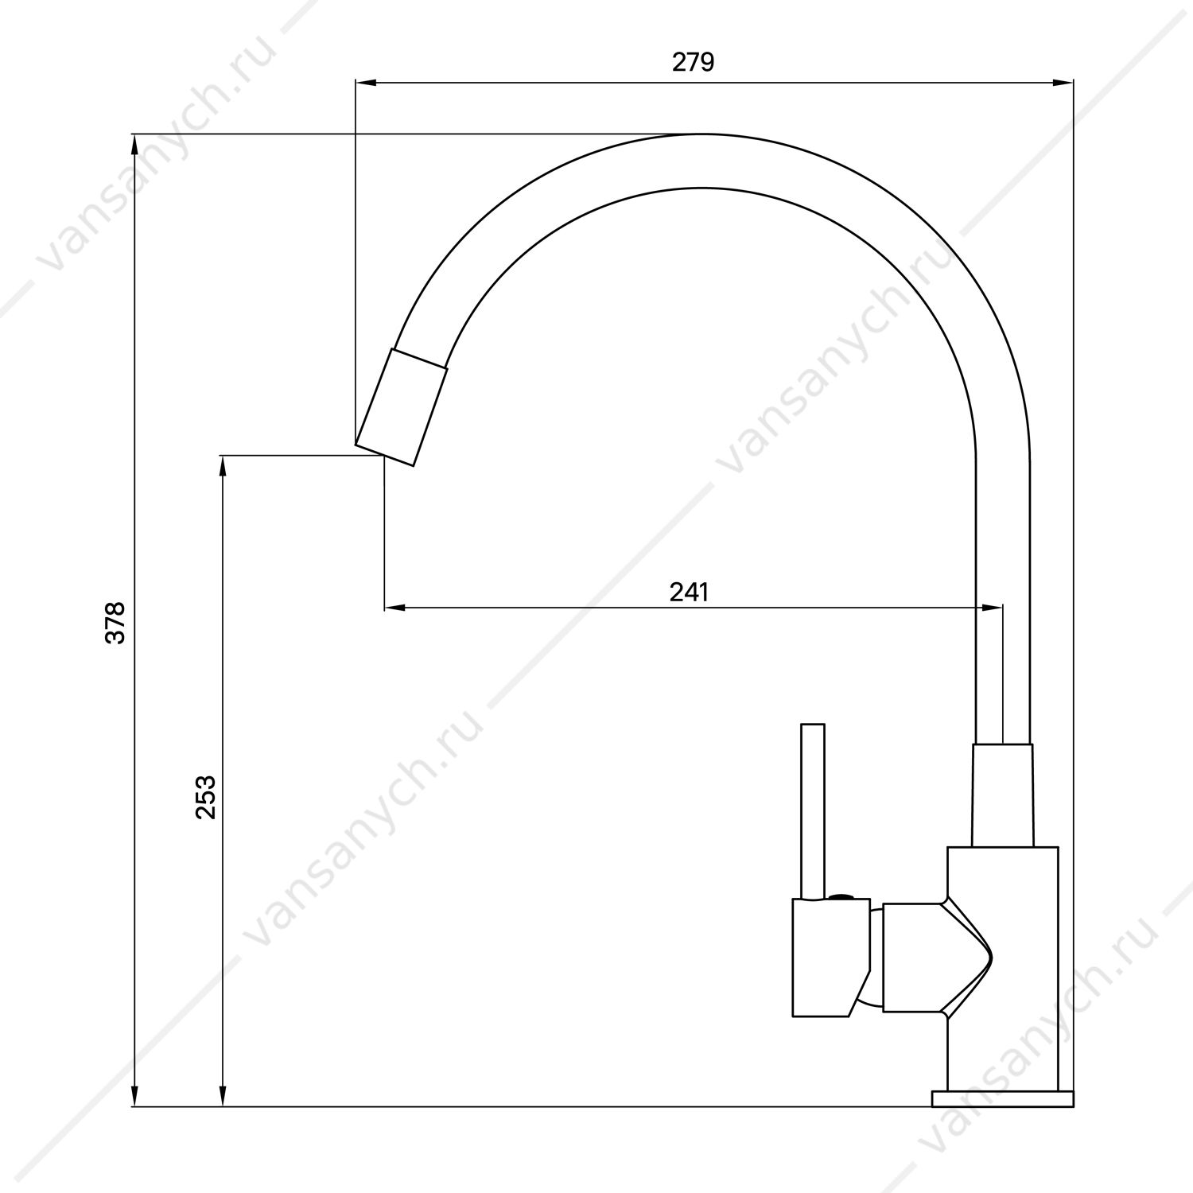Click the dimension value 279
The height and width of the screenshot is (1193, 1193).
pos(694,62)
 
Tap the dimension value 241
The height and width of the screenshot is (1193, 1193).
pos(689,592)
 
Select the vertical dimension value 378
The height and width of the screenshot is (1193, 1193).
pos(116,623)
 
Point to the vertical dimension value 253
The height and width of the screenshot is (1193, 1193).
pos(205,798)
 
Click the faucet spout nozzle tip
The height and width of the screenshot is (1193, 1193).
pos(401,406)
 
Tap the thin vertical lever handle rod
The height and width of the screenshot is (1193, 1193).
pos(813,811)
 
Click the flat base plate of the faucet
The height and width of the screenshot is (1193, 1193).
pos(1003,1098)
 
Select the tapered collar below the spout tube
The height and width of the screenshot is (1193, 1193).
pos(1003,795)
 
